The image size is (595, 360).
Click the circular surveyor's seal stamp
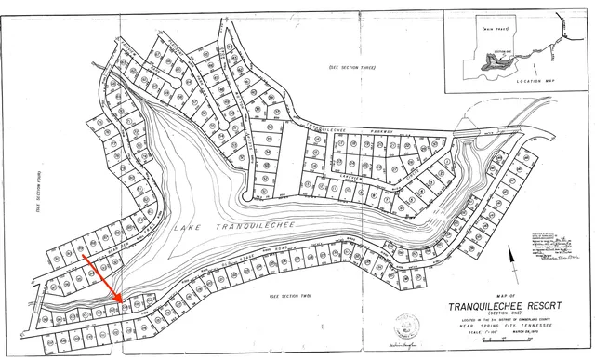point(407,327)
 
